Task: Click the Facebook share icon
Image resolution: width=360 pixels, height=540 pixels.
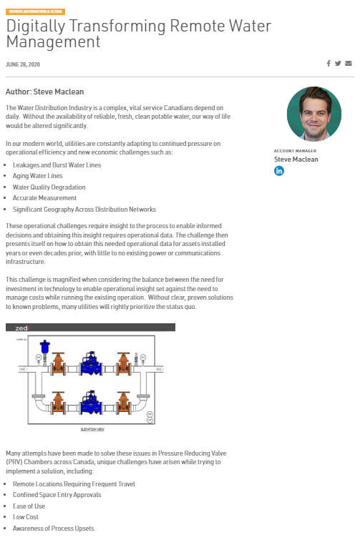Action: click(x=329, y=64)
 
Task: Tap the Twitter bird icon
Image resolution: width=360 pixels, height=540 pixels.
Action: click(x=338, y=64)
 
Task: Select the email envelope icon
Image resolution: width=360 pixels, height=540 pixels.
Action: click(x=349, y=64)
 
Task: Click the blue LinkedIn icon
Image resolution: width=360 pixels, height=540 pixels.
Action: click(x=279, y=171)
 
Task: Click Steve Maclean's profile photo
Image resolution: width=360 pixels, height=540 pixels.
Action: click(x=313, y=114)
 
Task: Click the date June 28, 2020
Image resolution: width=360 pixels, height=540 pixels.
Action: click(x=22, y=64)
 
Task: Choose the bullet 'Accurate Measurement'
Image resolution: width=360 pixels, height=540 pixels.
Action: click(x=44, y=198)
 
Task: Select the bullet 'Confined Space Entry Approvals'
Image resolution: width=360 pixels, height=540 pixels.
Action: click(x=58, y=494)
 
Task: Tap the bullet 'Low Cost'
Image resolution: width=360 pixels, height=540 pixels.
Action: click(x=26, y=517)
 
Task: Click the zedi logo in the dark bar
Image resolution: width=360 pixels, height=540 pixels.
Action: click(x=21, y=328)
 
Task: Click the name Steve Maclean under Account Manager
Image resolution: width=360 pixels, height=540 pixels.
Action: click(x=296, y=159)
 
